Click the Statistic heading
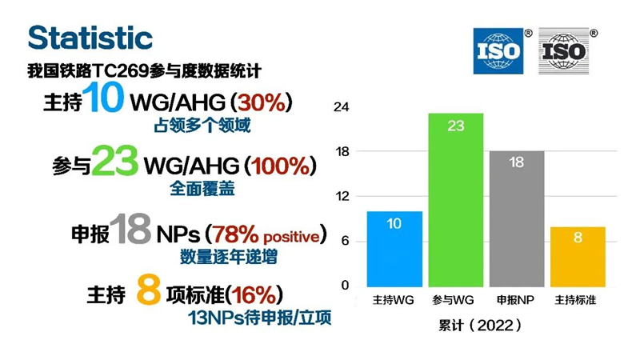(90, 38)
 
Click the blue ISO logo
(498, 51)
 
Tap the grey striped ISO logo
(564, 51)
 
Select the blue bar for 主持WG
(394, 249)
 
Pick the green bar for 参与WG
(455, 200)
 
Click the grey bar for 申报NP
(517, 218)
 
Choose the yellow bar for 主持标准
(578, 257)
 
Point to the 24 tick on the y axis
(342, 107)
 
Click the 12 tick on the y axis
(342, 196)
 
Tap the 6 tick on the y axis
(346, 241)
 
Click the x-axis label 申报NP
(515, 300)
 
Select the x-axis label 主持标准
(575, 300)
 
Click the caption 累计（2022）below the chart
(480, 326)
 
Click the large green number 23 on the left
(114, 161)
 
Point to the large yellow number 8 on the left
(149, 290)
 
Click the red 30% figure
(262, 102)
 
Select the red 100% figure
(281, 166)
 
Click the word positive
(291, 237)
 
